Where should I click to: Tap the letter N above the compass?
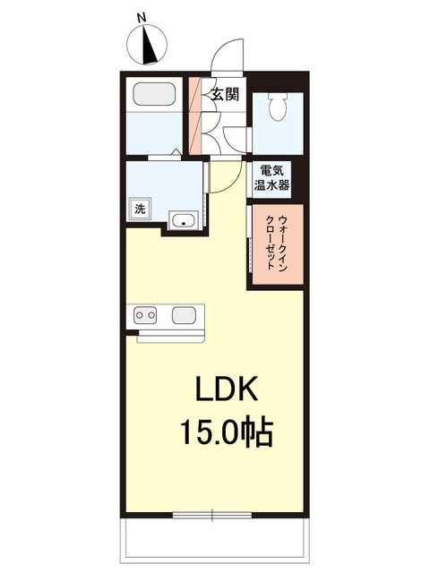pos(140,17)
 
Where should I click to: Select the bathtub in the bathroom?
pos(155,95)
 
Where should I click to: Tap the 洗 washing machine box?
pos(141,208)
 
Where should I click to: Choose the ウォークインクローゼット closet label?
pos(277,244)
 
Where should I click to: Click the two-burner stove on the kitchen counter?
pos(147,315)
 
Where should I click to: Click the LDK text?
pos(228,390)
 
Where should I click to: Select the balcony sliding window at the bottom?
pos(212,515)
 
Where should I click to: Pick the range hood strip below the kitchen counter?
pos(171,338)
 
